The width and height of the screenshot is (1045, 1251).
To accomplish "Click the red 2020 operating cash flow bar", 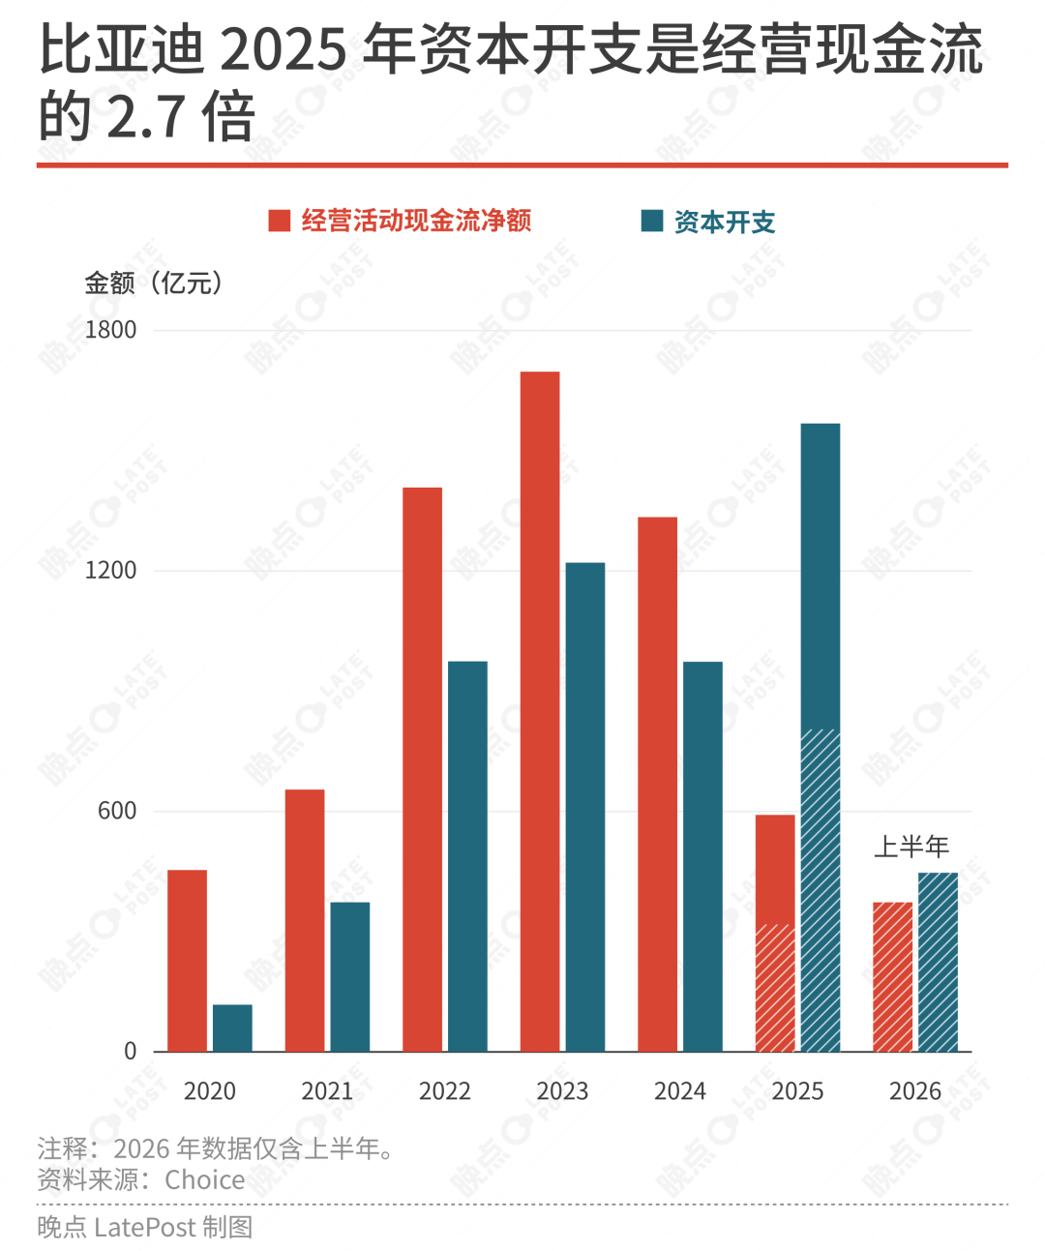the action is tap(187, 961).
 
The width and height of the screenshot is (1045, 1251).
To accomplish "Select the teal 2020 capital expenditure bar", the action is tap(232, 1028).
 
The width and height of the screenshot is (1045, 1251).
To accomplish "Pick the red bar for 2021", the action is tap(305, 920).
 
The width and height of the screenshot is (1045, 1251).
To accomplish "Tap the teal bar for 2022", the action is tap(467, 856).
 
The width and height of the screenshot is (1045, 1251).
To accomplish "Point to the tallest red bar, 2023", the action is tap(540, 711).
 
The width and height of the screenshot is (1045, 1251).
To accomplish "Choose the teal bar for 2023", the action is tap(585, 807).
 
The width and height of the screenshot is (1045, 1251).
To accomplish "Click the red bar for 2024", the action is tap(657, 785).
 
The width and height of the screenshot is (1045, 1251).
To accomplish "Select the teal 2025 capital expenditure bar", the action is tap(821, 737).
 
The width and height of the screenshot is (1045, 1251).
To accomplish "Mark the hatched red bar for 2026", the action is tap(893, 976).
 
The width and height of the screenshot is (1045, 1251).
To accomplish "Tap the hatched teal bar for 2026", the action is tap(938, 963).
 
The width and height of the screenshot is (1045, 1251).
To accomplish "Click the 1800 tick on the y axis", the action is tap(110, 330).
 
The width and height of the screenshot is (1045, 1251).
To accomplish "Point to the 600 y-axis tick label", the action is tap(117, 811).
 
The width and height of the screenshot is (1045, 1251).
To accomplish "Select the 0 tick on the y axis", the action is tap(130, 1052).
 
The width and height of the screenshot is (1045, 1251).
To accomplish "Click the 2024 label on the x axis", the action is tap(679, 1091).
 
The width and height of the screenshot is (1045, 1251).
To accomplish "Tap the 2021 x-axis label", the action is tap(327, 1091).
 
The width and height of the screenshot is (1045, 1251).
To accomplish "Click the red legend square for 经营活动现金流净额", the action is tap(280, 221).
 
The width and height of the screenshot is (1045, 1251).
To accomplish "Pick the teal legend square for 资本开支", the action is tap(652, 221).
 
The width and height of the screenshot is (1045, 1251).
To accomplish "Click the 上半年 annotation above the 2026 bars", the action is tap(911, 847).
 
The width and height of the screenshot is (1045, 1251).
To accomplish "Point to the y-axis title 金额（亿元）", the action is tap(154, 283).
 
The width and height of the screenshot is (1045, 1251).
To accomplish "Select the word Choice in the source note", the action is tap(205, 1179).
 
